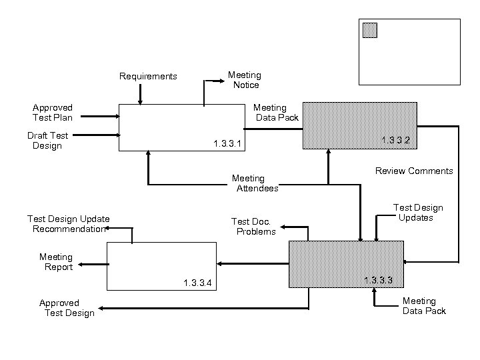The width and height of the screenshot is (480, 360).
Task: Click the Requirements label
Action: click(148, 77)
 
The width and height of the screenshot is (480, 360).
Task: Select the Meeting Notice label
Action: click(245, 80)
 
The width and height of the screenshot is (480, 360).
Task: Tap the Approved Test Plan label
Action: click(53, 112)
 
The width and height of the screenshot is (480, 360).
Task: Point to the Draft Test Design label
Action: click(47, 141)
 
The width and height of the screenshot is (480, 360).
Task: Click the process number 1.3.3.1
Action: click(227, 144)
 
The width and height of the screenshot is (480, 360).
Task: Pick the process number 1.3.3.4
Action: click(197, 283)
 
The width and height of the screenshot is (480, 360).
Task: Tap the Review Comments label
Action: click(414, 171)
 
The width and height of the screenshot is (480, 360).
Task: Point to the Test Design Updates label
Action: click(417, 213)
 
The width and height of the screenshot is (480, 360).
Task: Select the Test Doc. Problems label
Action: click(253, 227)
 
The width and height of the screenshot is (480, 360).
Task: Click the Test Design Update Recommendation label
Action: click(69, 224)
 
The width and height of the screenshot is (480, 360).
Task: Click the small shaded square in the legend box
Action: click(369, 31)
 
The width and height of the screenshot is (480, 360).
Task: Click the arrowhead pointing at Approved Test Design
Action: click(101, 308)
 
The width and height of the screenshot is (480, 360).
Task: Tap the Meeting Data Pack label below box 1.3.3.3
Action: click(423, 306)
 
